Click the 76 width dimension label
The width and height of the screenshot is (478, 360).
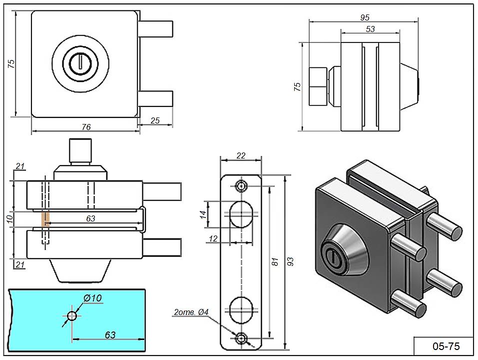click(x=86, y=127)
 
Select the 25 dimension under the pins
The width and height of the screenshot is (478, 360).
click(x=155, y=120)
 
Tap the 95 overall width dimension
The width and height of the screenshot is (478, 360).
click(x=365, y=17)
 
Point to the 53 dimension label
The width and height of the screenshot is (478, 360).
click(x=370, y=29)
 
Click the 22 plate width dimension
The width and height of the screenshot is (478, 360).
click(x=241, y=155)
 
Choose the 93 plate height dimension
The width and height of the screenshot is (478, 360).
click(x=291, y=261)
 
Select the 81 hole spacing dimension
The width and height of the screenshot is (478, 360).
click(x=274, y=261)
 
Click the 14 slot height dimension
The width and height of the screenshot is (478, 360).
click(x=202, y=214)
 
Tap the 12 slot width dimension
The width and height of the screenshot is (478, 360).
click(x=213, y=238)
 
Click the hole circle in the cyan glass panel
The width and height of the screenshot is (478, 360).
click(x=71, y=315)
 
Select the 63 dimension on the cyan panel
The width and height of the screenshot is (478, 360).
click(x=110, y=334)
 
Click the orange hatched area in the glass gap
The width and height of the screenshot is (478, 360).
click(x=45, y=218)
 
